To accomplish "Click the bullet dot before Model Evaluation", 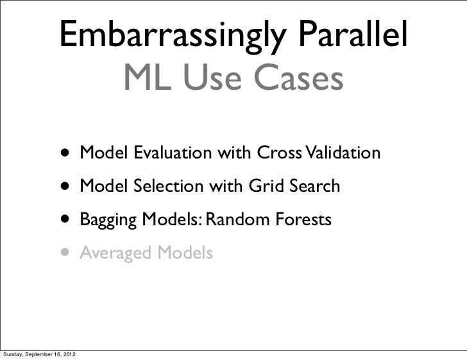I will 67,154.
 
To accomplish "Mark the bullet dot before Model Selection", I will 67,187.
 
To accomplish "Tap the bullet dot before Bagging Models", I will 67,221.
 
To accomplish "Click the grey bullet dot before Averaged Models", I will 67,254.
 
